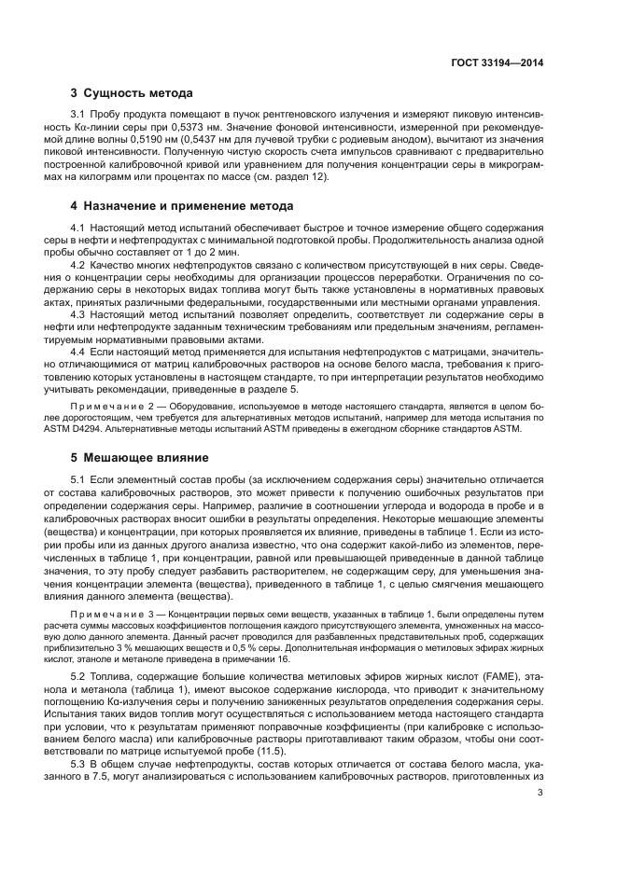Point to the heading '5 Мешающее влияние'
[135, 457]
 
